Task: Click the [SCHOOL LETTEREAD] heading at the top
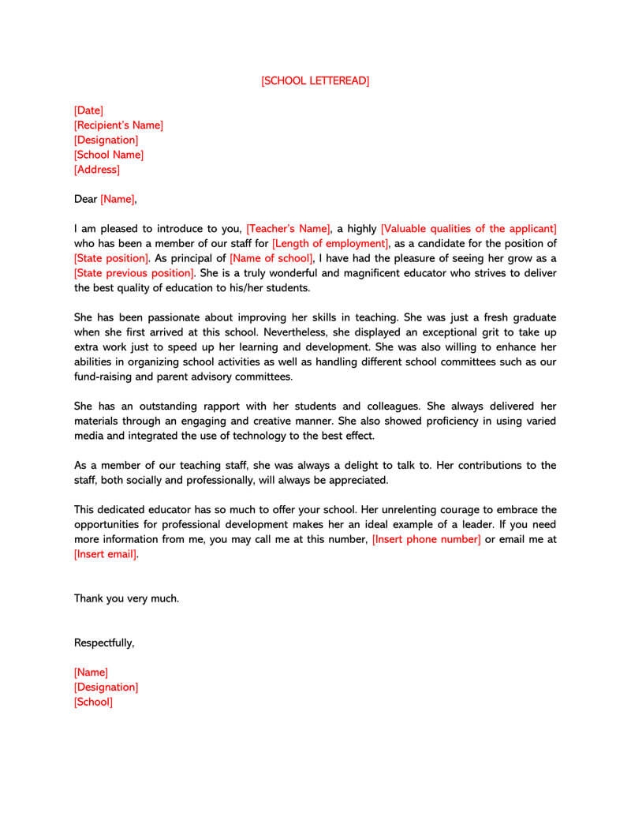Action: click(x=315, y=81)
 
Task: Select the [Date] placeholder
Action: click(x=88, y=111)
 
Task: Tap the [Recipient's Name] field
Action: click(x=118, y=126)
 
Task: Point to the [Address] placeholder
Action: click(x=97, y=170)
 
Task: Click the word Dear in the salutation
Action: click(x=85, y=200)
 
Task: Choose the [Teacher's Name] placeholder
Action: click(x=288, y=229)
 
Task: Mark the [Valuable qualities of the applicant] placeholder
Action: click(x=469, y=229)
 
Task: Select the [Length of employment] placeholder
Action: click(x=330, y=244)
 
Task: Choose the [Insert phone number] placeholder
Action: click(x=426, y=539)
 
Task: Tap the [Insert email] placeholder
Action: click(x=106, y=554)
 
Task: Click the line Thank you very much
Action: click(x=126, y=598)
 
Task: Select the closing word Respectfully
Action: click(x=104, y=643)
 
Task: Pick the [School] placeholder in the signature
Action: click(x=93, y=702)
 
